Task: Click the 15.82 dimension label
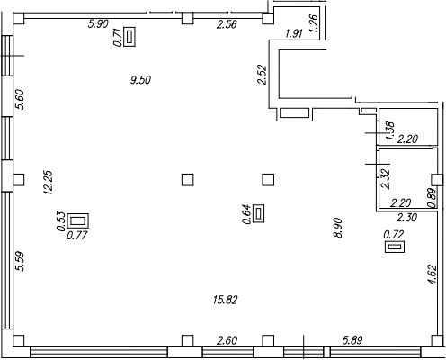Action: point(225,300)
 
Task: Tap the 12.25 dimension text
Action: point(49,183)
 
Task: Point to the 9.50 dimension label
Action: point(140,80)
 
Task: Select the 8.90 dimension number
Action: point(337,228)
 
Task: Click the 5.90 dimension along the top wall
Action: point(98,23)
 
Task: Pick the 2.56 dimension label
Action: point(227,24)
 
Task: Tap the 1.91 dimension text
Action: point(294,33)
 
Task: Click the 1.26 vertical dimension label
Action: point(313,23)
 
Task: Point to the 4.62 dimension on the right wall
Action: point(433,274)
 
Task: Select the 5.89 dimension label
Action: point(352,340)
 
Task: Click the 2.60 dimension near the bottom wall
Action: point(227,340)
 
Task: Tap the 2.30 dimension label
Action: point(406,217)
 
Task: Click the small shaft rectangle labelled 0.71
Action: point(129,37)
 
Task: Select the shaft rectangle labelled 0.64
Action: point(259,213)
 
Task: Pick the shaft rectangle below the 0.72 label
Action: point(395,247)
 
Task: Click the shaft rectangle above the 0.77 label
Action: point(78,221)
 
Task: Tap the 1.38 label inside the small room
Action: point(390,130)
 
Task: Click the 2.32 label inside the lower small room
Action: point(385,179)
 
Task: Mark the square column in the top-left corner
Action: point(18,19)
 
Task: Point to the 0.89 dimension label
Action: point(432,198)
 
